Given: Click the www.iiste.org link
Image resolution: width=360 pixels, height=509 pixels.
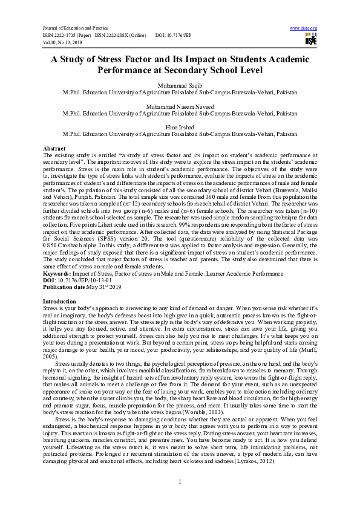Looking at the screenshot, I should click(x=304, y=28).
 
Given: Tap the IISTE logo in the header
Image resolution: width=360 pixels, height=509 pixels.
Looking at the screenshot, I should click(x=311, y=40).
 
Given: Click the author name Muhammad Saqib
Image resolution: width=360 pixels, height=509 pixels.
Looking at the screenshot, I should click(x=180, y=86).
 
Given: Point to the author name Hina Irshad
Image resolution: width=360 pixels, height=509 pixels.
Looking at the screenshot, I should click(x=180, y=127).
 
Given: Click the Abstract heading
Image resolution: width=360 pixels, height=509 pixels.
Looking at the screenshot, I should click(x=54, y=148).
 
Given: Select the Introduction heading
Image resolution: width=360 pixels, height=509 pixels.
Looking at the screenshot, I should click(x=59, y=300).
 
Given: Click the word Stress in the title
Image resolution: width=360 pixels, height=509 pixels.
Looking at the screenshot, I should click(x=124, y=59).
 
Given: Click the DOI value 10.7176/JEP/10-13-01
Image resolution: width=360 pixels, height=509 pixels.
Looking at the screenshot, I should click(x=82, y=281).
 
